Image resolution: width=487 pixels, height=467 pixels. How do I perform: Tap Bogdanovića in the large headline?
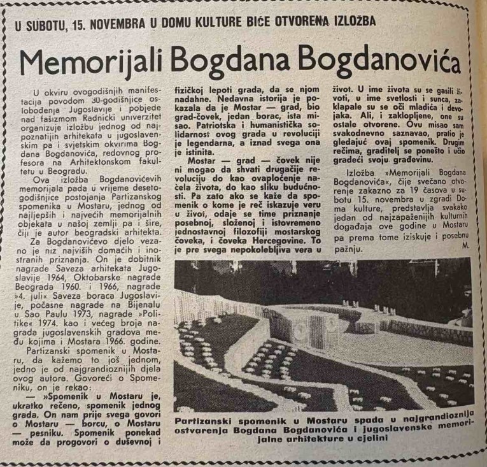pos(381,62)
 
